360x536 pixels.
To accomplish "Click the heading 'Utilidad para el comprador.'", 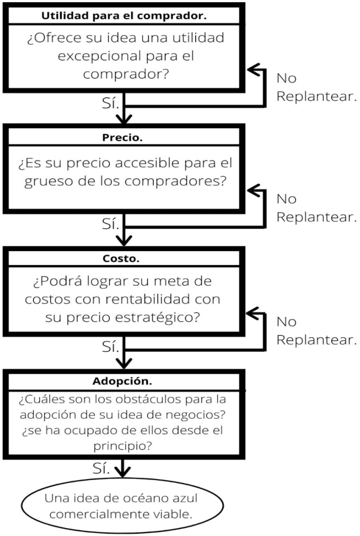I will point(124,15).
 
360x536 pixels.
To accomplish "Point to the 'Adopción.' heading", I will point(124,381).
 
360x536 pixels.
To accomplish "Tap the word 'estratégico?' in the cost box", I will point(171,317).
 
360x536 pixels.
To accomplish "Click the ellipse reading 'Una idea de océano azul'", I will point(122,505).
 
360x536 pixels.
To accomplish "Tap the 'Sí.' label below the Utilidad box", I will point(111,103).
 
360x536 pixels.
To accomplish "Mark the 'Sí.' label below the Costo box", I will point(111,346).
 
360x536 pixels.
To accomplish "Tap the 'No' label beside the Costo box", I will point(286,321).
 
